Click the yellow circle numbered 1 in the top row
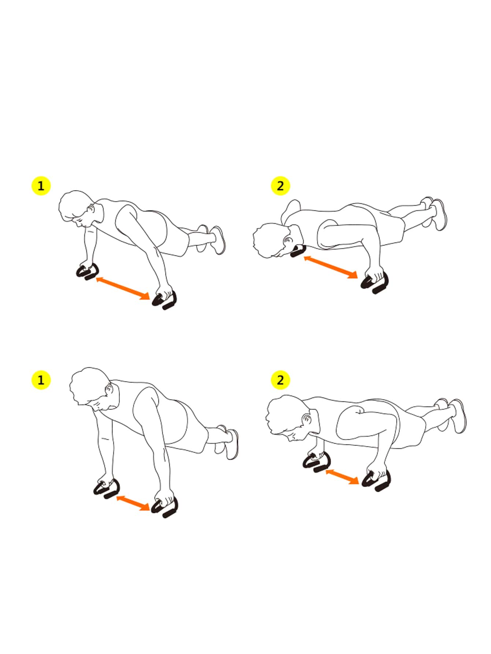point(41,186)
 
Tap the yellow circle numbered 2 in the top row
point(280,186)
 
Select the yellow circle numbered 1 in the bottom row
point(41,380)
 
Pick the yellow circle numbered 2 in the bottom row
point(280,380)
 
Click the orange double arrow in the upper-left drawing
point(123,289)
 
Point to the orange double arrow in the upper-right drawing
point(331,267)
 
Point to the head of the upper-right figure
point(271,240)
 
